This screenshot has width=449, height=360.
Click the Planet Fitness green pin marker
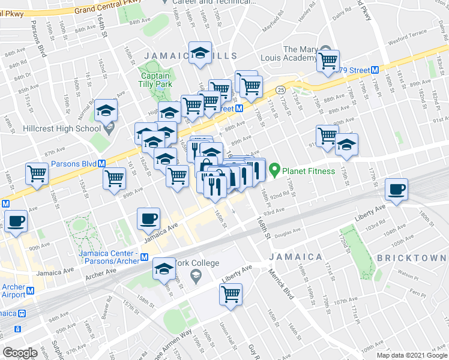point(275,170)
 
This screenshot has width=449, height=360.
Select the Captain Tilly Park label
point(156,80)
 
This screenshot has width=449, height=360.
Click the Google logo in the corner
point(20,353)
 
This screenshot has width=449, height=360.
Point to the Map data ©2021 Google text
point(411,355)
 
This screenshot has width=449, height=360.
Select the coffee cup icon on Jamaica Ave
point(148,219)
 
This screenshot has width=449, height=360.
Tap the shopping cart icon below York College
point(231,294)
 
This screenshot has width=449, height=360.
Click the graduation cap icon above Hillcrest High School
point(106,110)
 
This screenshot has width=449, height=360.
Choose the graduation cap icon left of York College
point(163,269)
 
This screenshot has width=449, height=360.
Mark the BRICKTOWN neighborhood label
point(412,258)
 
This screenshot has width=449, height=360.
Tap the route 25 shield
point(281,89)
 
